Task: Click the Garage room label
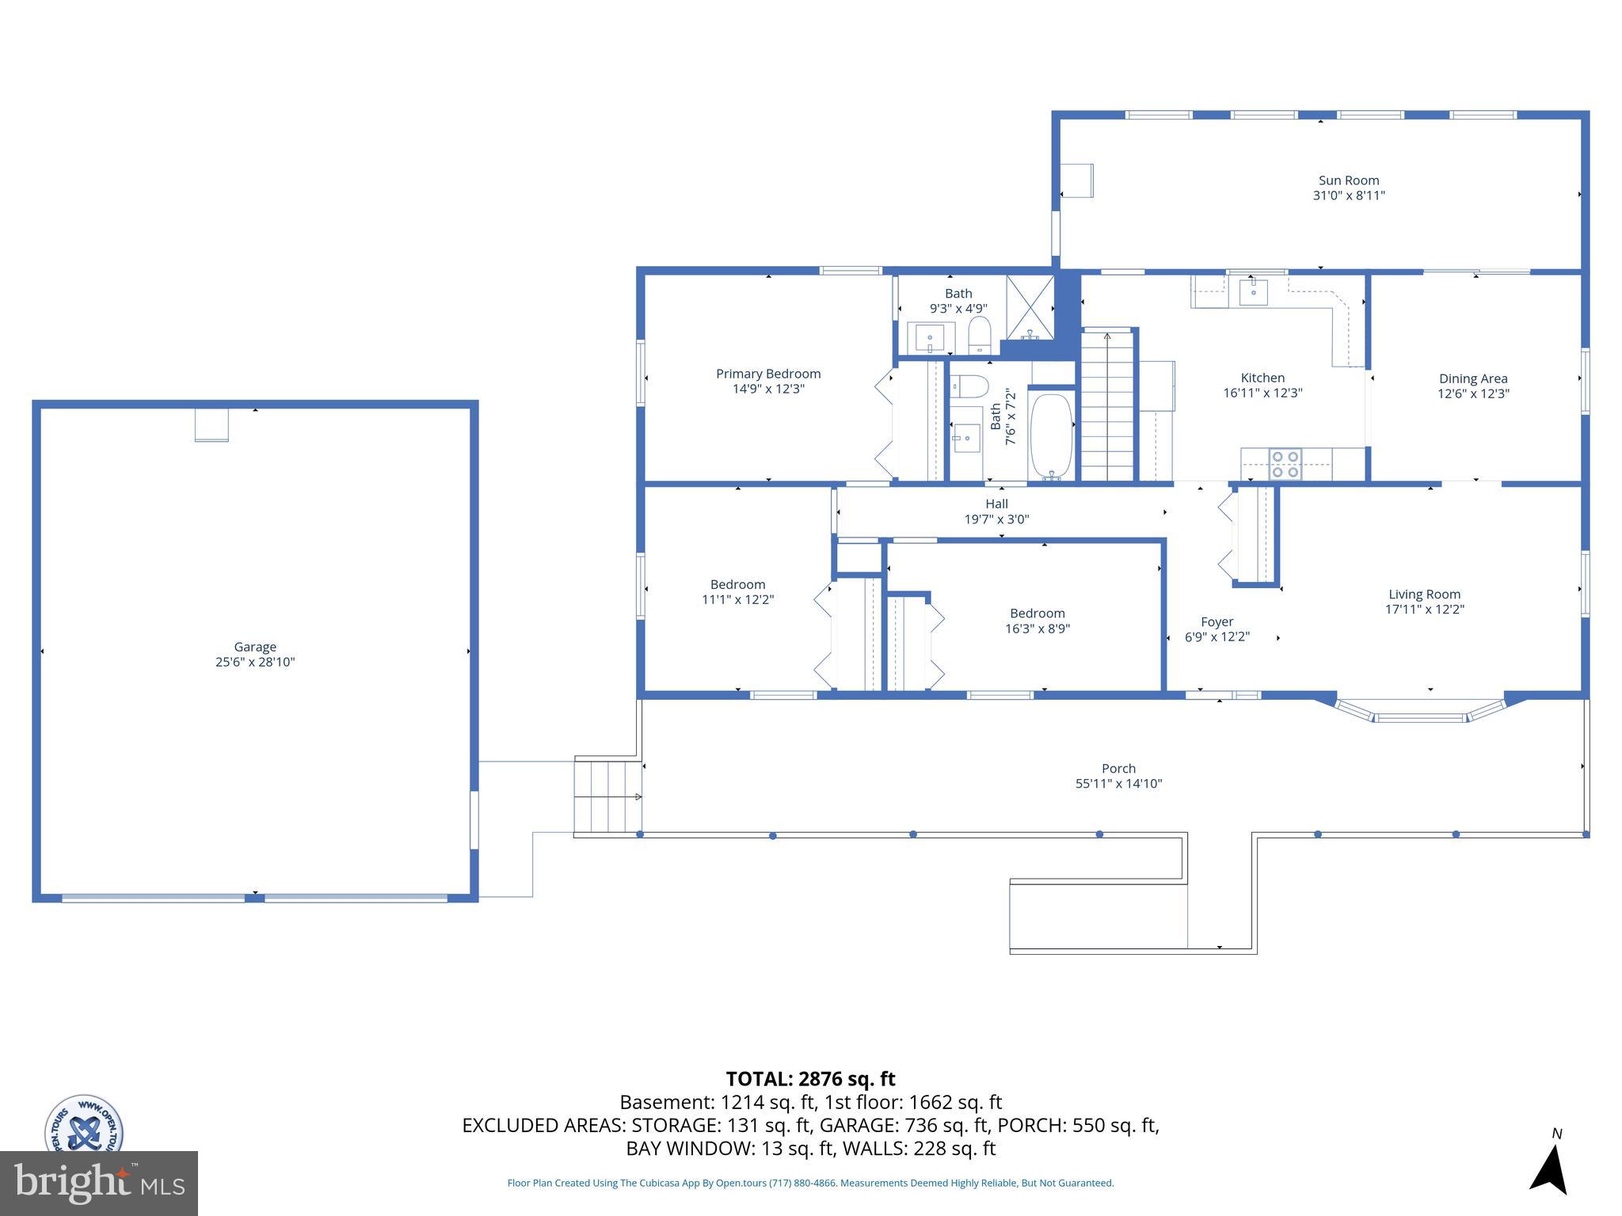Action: [255, 647]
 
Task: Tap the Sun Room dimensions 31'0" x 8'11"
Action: [1349, 196]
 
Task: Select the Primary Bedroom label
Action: [768, 374]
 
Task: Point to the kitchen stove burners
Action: [1285, 464]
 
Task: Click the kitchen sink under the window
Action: [1253, 291]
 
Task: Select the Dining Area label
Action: [1473, 378]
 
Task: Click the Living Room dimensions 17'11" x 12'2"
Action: [1424, 610]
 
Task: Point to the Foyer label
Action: [1216, 621]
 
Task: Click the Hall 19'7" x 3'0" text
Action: [996, 519]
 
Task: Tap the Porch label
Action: [1118, 768]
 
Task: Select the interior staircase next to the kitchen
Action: [1107, 406]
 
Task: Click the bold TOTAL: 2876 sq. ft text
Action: [810, 1079]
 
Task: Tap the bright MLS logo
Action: [98, 1183]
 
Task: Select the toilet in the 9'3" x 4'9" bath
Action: [980, 336]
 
